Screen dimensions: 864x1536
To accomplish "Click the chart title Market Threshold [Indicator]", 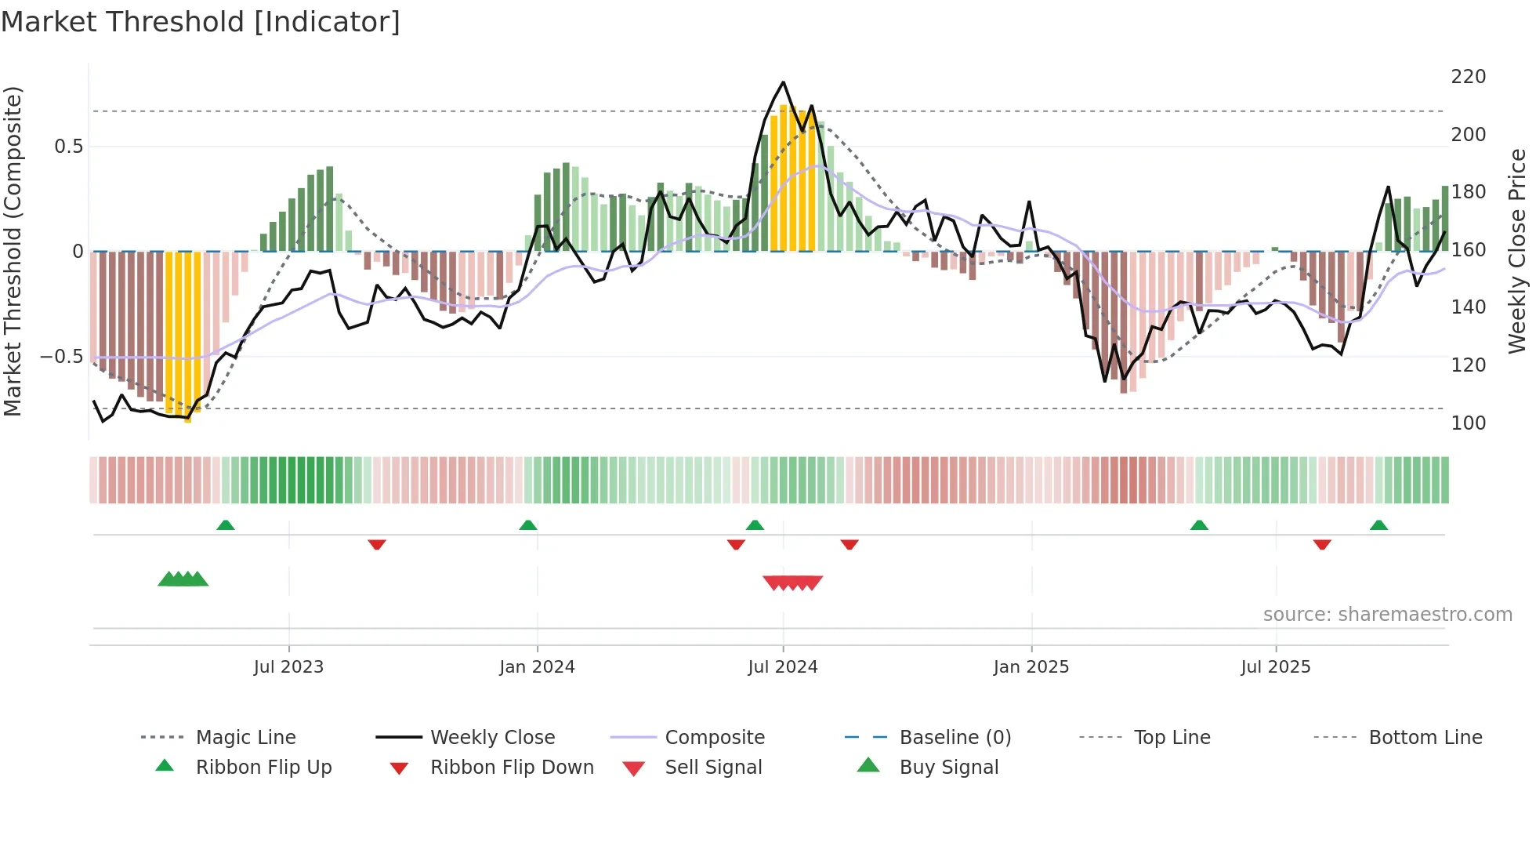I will coord(201,22).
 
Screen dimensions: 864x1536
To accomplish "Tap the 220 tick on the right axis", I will coord(1468,77).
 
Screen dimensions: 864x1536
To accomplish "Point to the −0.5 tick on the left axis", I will coord(61,357).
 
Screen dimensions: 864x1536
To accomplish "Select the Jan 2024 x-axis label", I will coord(537,667).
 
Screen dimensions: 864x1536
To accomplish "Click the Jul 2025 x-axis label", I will coord(1275,667).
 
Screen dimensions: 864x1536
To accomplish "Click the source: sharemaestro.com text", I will coord(1387,615).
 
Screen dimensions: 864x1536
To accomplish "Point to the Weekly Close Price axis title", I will coord(1518,251).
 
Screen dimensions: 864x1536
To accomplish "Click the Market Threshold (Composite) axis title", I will coord(13,251).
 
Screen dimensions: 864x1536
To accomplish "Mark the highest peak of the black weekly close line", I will coord(783,82).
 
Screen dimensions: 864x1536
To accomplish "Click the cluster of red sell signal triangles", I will coord(792,583).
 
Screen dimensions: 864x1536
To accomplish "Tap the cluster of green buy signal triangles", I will coord(183,579).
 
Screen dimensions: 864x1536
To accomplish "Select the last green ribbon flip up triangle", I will coord(1378,525).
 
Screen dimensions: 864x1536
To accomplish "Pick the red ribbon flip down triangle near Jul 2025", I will coord(1322,544).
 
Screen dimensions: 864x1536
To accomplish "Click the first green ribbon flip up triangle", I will coord(226,525).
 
